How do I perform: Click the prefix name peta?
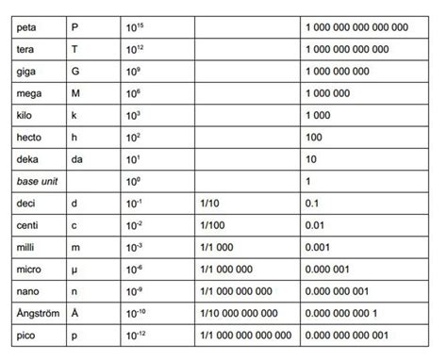pos(26,26)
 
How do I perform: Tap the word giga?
pos(25,71)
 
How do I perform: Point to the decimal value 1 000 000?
pos(327,93)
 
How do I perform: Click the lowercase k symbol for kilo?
pos(74,115)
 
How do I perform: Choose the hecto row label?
pos(28,138)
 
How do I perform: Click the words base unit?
pos(35,181)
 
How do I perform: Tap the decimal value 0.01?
pos(316,225)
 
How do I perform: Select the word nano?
pos(27,291)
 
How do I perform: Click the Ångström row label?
pos(38,313)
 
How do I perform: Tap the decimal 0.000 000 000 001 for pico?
pos(346,335)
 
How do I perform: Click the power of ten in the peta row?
pos(135,26)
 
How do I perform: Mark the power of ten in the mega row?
pos(133,93)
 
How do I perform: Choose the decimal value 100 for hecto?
pos(314,138)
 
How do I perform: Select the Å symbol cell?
pos(74,313)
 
